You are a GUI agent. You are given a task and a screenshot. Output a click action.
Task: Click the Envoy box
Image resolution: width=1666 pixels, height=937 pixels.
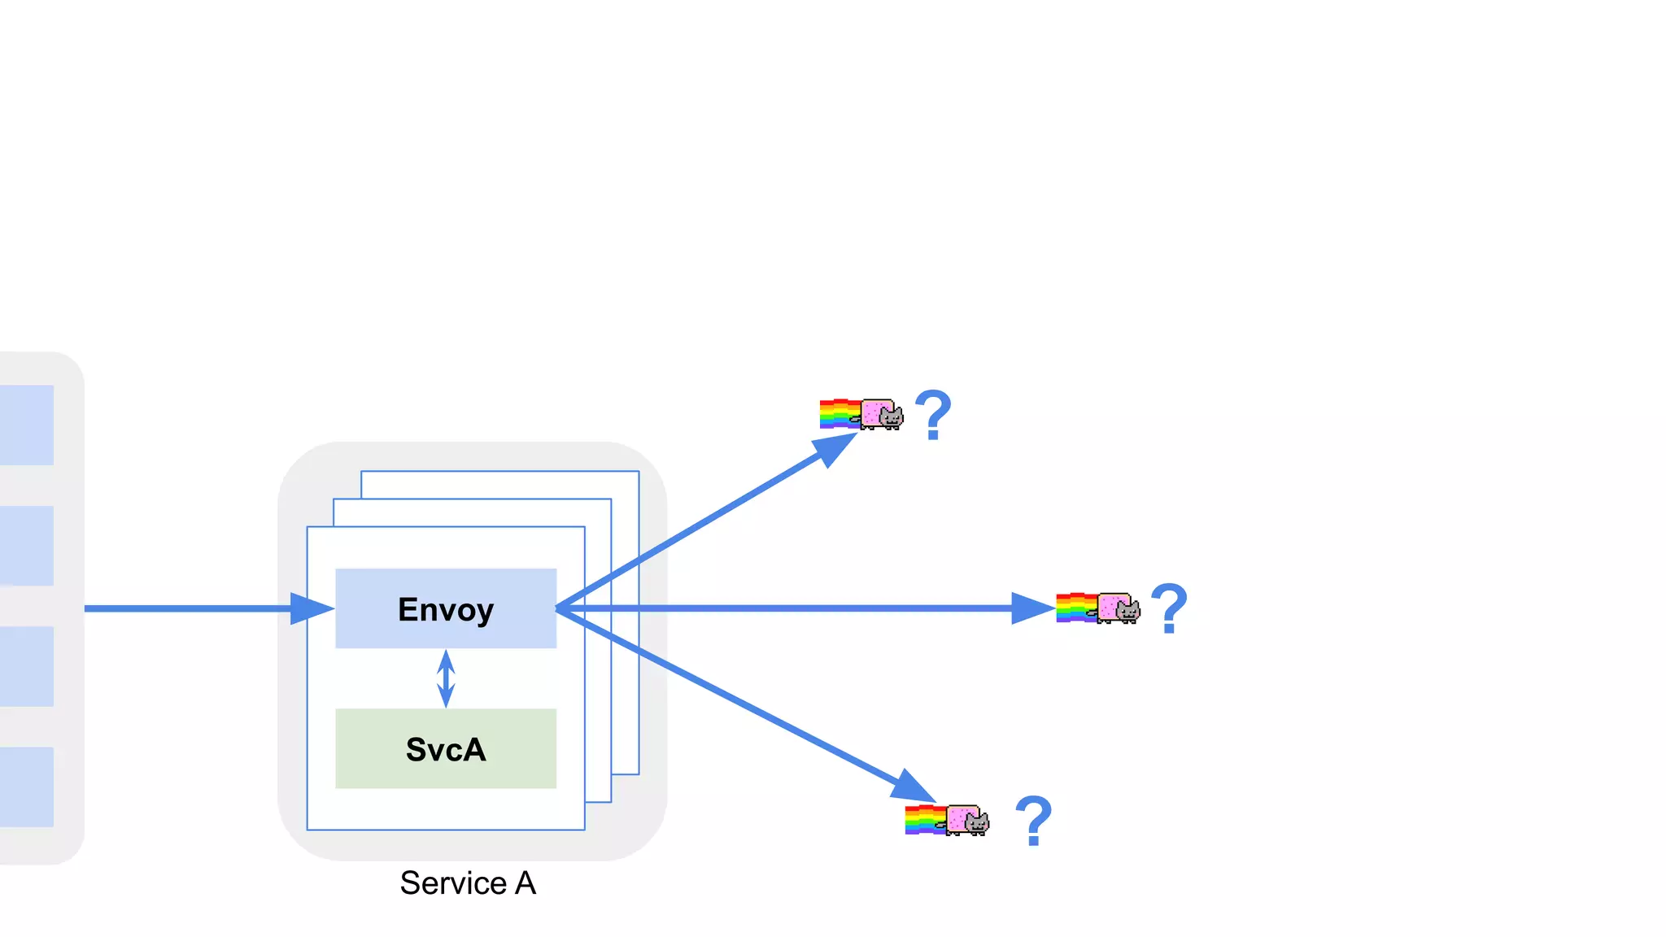[x=446, y=608]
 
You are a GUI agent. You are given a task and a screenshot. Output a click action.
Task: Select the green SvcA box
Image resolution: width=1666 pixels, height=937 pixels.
[x=446, y=748]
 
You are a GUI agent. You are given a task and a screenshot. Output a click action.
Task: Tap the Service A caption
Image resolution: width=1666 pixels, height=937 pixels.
[x=468, y=883]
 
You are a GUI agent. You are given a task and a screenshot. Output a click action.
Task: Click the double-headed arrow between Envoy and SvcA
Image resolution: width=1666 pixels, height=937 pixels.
[x=446, y=678]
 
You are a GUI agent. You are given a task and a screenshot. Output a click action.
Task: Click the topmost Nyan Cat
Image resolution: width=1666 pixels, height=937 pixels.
[x=881, y=414]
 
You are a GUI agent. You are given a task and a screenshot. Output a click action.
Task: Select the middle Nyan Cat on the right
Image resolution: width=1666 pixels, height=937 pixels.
[x=1118, y=608]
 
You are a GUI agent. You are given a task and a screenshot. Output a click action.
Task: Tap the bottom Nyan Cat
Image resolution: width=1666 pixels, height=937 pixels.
[x=967, y=820]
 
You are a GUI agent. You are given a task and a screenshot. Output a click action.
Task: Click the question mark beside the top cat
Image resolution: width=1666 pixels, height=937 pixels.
[x=933, y=415]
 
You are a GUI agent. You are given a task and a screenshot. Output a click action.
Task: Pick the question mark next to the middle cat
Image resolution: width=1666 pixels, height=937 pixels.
[x=1169, y=608]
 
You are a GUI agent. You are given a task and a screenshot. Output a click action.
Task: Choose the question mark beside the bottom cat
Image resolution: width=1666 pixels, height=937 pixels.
[x=1033, y=820]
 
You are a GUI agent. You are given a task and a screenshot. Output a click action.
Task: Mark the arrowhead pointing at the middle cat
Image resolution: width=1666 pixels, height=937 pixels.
[x=1031, y=608]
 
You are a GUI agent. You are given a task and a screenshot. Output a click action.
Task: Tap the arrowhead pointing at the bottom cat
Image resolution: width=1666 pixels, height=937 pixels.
[x=914, y=787]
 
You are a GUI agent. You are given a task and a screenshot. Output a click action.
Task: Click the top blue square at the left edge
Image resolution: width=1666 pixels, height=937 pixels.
[x=27, y=425]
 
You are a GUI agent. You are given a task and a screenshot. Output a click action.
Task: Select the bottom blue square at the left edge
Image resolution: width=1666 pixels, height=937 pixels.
[x=27, y=787]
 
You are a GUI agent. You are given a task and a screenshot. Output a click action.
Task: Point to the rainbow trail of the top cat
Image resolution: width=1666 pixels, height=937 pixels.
[x=839, y=413]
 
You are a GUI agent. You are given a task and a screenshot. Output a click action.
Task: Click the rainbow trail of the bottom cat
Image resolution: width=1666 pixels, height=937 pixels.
[x=925, y=819]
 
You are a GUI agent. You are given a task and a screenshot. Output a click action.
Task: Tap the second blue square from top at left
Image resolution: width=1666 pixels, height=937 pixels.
[x=27, y=545]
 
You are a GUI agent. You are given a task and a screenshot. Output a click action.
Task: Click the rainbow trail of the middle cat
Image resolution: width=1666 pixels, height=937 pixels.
[x=1075, y=608]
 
